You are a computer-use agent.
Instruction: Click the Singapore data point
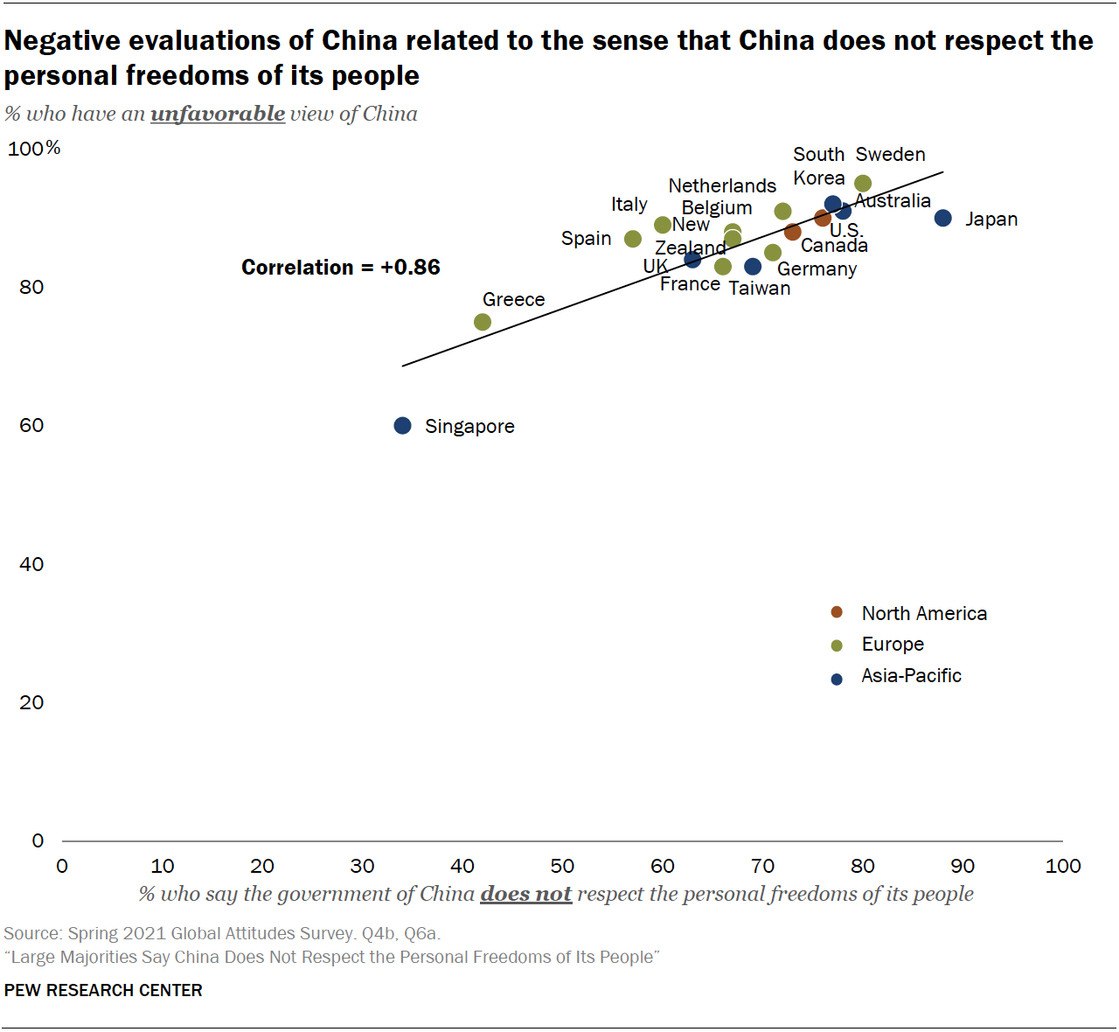point(402,426)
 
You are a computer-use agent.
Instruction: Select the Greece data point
point(482,322)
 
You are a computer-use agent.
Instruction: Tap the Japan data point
point(942,218)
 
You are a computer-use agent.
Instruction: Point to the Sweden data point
point(863,184)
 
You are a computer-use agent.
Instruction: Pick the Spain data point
point(633,239)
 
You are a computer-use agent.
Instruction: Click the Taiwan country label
point(760,289)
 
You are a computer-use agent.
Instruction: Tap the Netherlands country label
point(722,185)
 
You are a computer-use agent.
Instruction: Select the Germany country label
point(817,268)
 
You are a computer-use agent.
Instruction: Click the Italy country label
point(629,205)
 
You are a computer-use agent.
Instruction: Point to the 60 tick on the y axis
point(31,426)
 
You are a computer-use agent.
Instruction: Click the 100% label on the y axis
point(34,149)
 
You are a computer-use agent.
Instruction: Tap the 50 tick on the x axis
point(562,866)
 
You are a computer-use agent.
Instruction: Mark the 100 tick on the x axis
point(1063,866)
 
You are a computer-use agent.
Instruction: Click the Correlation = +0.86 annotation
point(341,268)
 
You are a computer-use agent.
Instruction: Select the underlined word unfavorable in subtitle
point(218,114)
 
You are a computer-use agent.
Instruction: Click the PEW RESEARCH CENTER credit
point(103,990)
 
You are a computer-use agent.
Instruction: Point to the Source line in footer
point(222,933)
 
